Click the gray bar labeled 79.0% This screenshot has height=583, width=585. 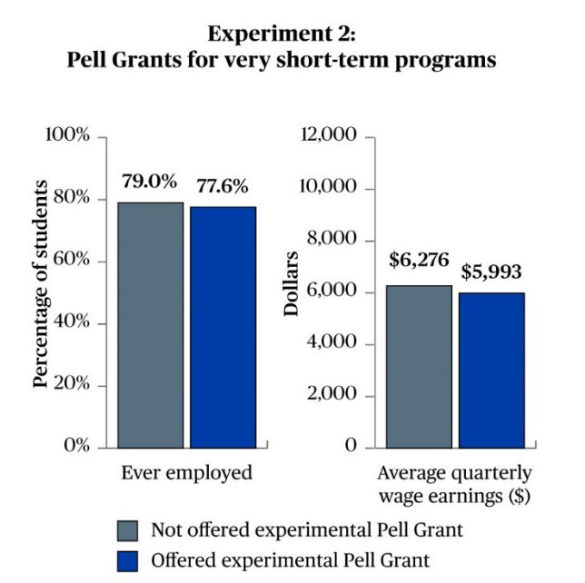click(x=150, y=324)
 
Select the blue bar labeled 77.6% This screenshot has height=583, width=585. click(x=223, y=327)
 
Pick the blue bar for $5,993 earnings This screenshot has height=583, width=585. click(x=491, y=370)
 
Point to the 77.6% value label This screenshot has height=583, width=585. click(x=222, y=187)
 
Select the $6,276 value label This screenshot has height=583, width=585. click(x=419, y=261)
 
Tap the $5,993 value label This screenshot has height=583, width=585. click(x=491, y=271)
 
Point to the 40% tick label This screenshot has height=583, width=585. click(x=72, y=323)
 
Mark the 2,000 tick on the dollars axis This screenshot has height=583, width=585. click(x=335, y=396)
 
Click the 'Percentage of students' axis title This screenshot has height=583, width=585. click(x=40, y=284)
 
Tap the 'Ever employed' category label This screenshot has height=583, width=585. click(x=186, y=473)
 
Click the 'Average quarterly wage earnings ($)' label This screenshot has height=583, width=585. click(x=454, y=484)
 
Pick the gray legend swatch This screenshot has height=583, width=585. click(x=128, y=530)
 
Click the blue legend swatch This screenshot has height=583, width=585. click(x=128, y=559)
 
